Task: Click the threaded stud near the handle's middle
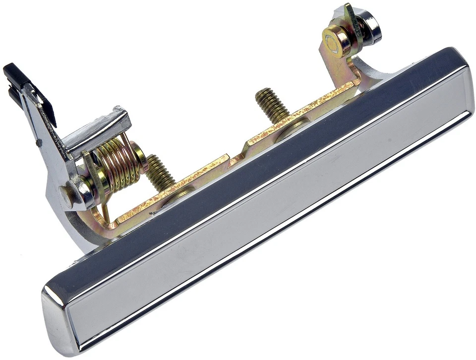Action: [271, 105]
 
